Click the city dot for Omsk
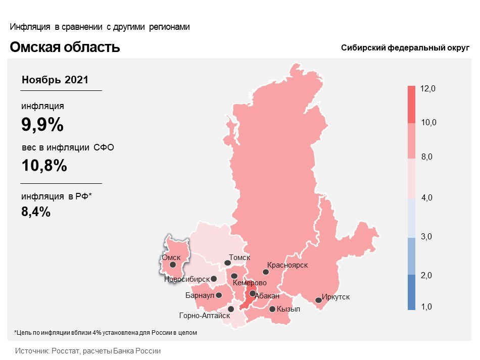[173, 264]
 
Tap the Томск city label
[239, 258]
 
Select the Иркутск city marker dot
[318, 300]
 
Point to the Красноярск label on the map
[287, 265]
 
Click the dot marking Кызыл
[272, 309]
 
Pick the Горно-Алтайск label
[205, 316]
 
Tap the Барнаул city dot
[219, 295]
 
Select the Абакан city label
[267, 295]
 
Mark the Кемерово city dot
[235, 276]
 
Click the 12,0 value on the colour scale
[428, 89]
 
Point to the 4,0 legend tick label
[427, 197]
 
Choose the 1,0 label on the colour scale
[427, 306]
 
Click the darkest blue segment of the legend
[411, 292]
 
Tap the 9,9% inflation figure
[42, 125]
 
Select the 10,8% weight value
[44, 165]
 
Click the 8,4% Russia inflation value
[36, 212]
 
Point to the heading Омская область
[65, 47]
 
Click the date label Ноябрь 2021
[55, 80]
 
